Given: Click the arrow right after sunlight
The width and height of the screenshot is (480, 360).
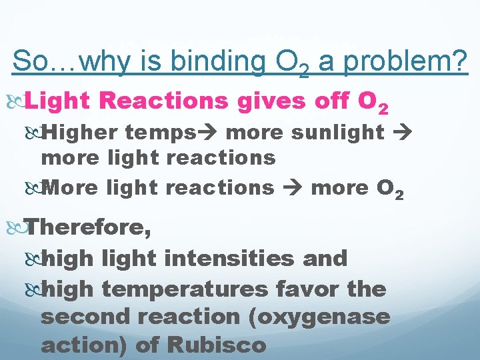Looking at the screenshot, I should [403, 132].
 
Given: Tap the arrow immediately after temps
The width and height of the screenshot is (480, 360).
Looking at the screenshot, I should [212, 132].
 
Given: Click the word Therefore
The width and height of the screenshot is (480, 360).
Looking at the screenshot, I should [89, 227].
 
